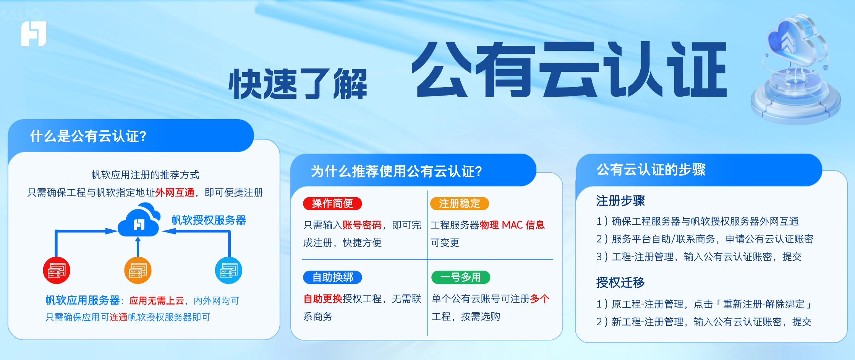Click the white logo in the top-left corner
point(34,34)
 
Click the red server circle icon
point(57,271)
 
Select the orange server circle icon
point(138,271)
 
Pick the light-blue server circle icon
point(228,271)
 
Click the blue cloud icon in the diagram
point(139,222)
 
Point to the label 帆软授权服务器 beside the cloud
point(209,220)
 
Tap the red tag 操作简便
point(332,204)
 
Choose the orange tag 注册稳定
point(459,204)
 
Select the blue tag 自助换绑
point(332,277)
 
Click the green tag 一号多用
point(460,277)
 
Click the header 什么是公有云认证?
point(88,136)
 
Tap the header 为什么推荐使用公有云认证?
point(397,171)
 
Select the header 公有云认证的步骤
point(651,170)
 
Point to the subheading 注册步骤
point(620,201)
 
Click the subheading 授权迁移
point(620,282)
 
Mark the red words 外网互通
point(175,193)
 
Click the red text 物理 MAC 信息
point(512,225)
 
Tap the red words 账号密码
point(362,225)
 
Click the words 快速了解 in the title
point(298,84)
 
